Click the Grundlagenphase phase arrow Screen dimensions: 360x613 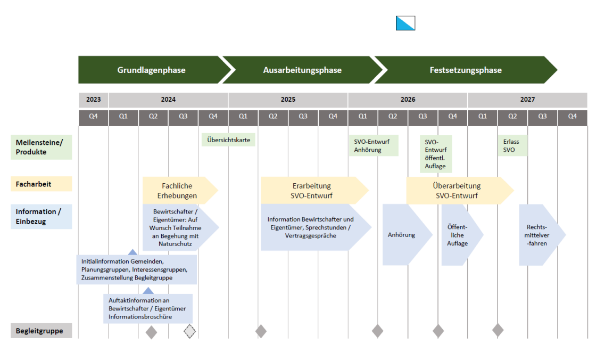coord(151,70)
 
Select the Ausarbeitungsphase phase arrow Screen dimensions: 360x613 coord(302,70)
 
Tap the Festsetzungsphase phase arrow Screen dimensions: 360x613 coord(465,70)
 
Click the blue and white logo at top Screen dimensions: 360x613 coord(405,23)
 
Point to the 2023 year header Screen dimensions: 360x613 coord(93,100)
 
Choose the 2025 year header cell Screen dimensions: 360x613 coord(288,100)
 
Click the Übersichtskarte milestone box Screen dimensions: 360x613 coord(229,140)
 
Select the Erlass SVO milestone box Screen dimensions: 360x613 coord(512,145)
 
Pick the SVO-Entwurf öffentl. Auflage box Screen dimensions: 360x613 coord(436,154)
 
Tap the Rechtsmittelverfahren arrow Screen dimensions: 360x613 coord(539,234)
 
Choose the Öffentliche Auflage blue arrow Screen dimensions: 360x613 coord(459,234)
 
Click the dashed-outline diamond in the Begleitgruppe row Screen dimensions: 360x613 coord(189,331)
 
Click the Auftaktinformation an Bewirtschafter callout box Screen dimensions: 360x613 coord(148,308)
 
